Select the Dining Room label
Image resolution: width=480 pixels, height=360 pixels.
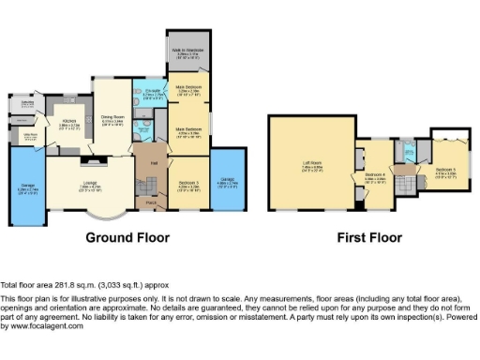click(x=113, y=117)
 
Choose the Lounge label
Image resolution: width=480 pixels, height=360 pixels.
click(x=90, y=184)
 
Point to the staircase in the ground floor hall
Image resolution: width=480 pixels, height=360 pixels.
click(x=147, y=178)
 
